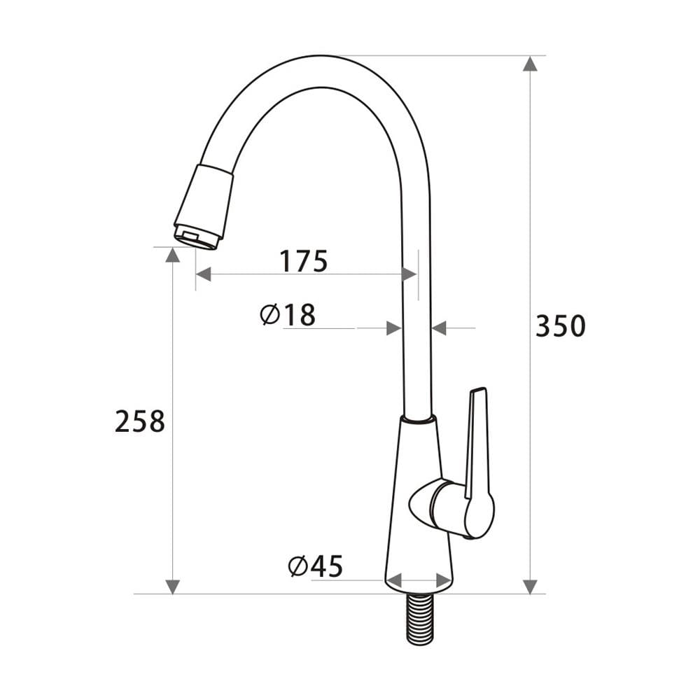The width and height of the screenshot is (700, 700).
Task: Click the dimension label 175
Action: (x=304, y=261)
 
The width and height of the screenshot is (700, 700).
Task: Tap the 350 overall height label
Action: (x=560, y=326)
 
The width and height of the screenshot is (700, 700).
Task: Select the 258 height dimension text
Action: (x=140, y=421)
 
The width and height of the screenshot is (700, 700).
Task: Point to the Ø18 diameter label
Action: (x=288, y=315)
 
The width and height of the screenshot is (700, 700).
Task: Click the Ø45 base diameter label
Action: (x=316, y=566)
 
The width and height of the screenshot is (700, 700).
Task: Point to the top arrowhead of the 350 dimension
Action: (x=530, y=64)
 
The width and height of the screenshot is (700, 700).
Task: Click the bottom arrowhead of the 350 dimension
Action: (x=530, y=587)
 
